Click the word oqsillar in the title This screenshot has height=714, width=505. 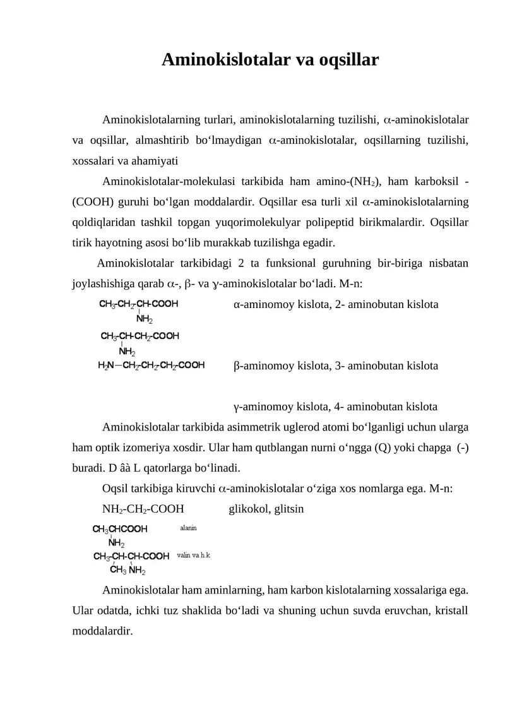pos(347,60)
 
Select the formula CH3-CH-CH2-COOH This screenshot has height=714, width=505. pos(140,336)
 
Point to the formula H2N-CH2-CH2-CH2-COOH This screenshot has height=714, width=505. pos(151,365)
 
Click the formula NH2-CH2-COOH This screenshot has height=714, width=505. pos(143,508)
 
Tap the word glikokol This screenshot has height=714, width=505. pos(248,508)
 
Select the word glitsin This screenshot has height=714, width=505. pos(289,508)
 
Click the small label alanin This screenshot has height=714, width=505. pos(188,526)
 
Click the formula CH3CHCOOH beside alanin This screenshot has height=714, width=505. pos(120,529)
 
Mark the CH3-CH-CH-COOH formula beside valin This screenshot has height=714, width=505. pos(131,556)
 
